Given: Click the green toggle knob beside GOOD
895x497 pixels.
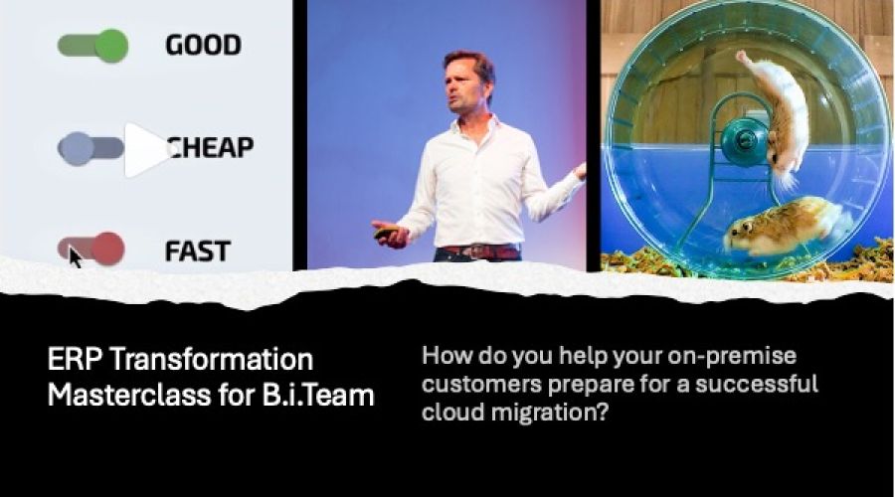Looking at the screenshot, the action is pos(111,46).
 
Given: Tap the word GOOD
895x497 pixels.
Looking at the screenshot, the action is pos(203,46).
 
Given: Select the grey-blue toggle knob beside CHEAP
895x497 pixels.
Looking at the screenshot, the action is pos(76,149).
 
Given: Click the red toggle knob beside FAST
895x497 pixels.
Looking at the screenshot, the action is pos(107,248).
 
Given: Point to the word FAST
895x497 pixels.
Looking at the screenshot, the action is pos(198,251).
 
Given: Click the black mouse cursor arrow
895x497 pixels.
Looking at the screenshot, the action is pos(75,257).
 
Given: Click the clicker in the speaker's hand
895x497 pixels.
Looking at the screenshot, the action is pos(387,233).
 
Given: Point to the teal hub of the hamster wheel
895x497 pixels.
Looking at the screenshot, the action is pos(744,139).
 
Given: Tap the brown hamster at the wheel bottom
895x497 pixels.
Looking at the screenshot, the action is pos(785,226).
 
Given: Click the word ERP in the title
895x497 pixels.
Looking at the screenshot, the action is pos(75,361).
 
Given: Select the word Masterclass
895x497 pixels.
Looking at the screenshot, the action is pos(129,396).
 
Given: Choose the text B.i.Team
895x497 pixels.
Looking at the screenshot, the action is pos(318,396).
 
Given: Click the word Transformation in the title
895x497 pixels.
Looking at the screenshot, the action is pos(211,361).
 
